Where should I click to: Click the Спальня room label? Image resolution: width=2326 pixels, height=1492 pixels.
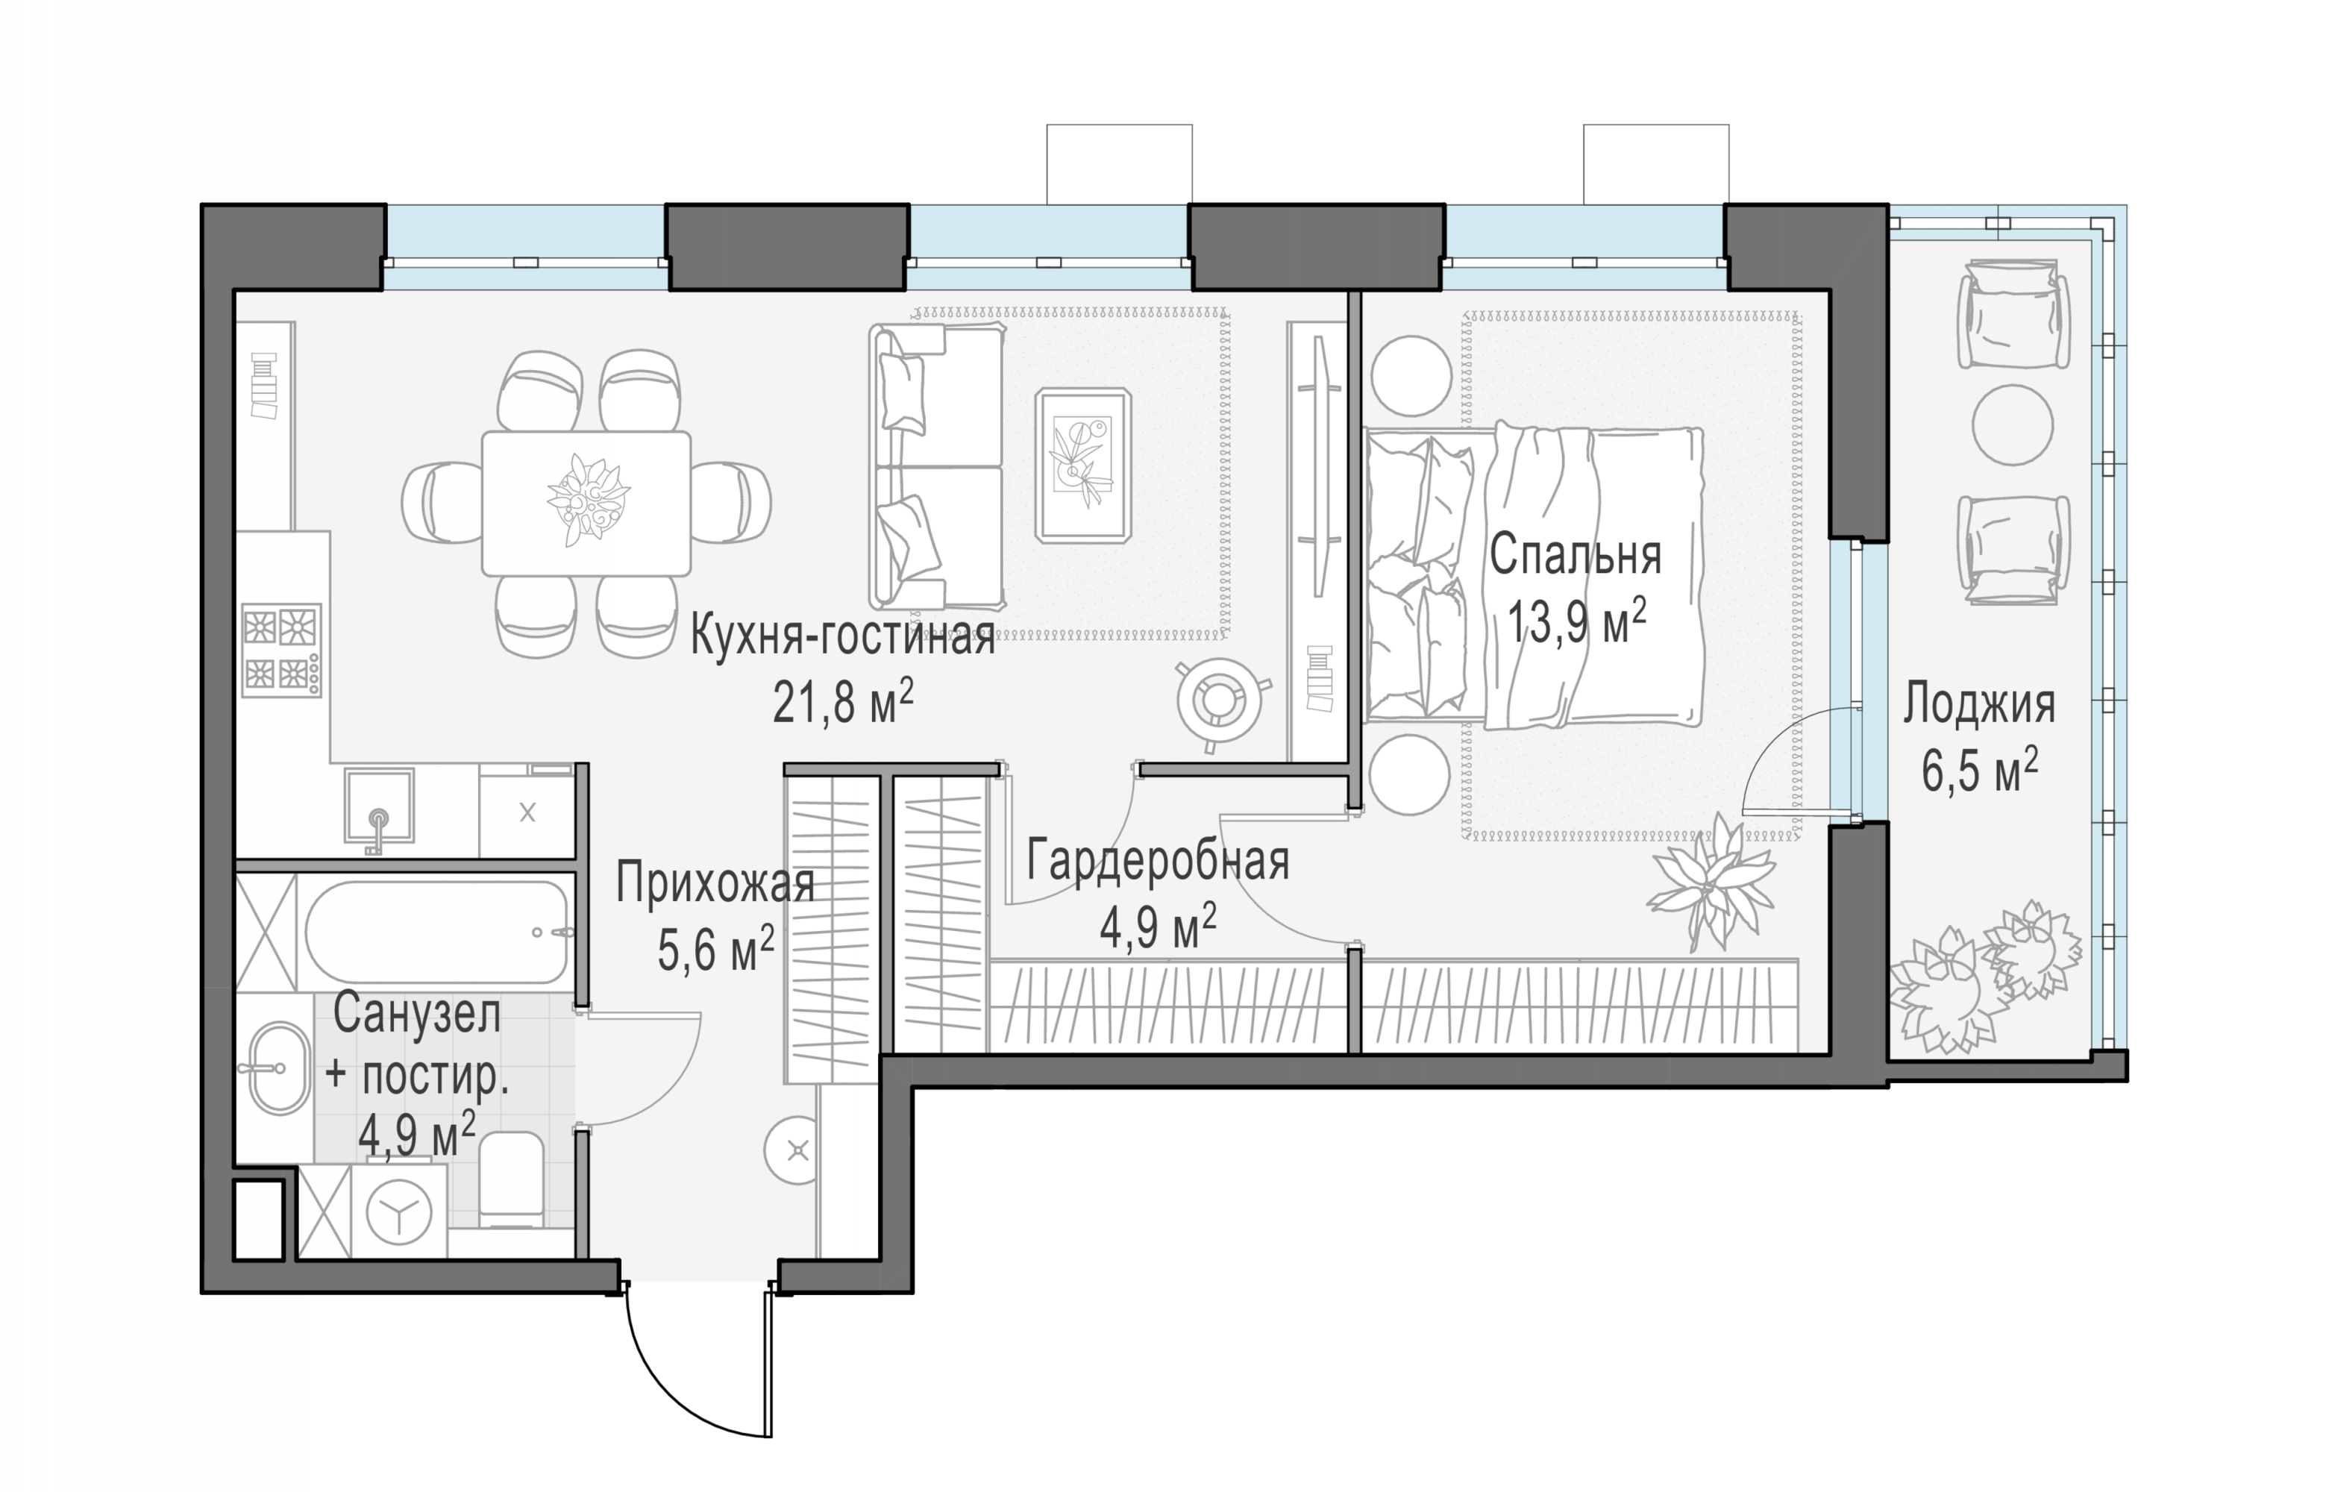tap(1576, 556)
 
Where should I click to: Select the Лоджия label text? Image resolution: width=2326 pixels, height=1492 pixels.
tap(1978, 705)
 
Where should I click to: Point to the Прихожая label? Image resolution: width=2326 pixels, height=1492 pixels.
tap(715, 883)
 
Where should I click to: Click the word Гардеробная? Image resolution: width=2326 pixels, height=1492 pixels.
tap(1158, 860)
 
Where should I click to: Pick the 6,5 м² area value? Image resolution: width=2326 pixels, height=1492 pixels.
tap(1979, 770)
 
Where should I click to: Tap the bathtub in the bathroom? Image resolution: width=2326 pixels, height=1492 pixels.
tap(436, 932)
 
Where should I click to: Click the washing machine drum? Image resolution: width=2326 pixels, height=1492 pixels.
tap(398, 1211)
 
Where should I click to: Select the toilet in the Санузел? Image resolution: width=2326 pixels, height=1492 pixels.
tap(510, 1180)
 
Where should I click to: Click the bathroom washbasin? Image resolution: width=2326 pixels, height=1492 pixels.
tap(280, 1068)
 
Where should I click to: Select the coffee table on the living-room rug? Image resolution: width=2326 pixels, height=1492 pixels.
tap(1083, 464)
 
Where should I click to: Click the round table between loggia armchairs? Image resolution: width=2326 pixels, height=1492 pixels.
tap(2013, 425)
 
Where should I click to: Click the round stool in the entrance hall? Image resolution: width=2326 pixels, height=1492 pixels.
tap(798, 1151)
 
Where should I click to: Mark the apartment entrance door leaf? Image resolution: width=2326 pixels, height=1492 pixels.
tap(769, 1360)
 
